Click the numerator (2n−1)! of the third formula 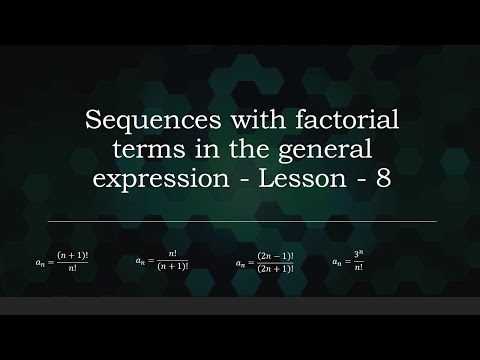click(274, 257)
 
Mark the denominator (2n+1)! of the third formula click(274, 269)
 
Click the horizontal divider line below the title click(240, 221)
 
